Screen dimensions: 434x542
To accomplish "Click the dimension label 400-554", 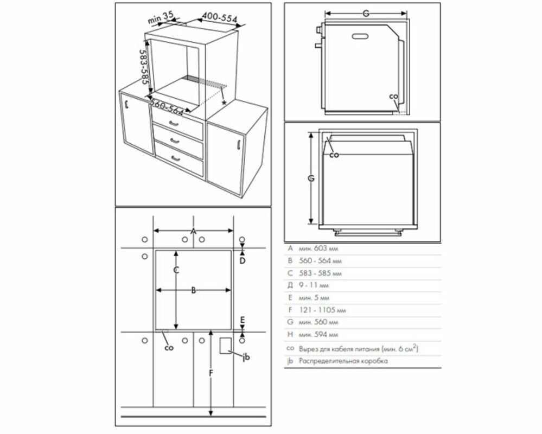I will pyautogui.click(x=220, y=18).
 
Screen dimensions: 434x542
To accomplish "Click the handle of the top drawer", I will pyautogui.click(x=174, y=124).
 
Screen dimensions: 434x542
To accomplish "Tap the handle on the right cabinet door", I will pyautogui.click(x=238, y=144).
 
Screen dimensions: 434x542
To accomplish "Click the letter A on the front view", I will pyautogui.click(x=193, y=231).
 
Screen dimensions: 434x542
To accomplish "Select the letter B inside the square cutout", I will pyautogui.click(x=193, y=290).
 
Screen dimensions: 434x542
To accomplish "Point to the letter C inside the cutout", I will pyautogui.click(x=176, y=270).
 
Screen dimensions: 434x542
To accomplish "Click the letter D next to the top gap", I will pyautogui.click(x=243, y=261).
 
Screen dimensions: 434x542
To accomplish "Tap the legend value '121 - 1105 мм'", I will pyautogui.click(x=322, y=310).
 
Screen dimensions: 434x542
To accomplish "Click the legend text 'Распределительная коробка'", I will pyautogui.click(x=343, y=361).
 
